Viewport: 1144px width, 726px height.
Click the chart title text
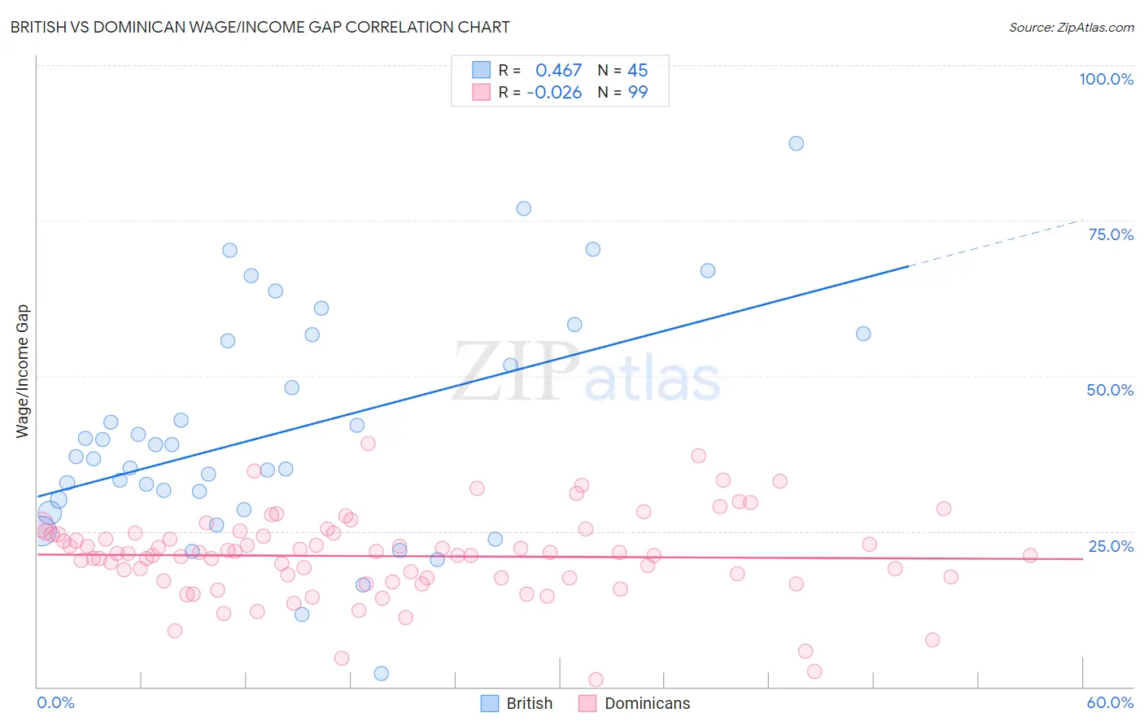point(260,28)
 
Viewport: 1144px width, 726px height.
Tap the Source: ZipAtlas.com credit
point(1071,28)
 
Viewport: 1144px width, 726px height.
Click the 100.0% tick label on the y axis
point(1106,79)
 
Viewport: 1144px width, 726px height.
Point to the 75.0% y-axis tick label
point(1111,234)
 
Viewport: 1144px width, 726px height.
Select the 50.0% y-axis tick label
point(1110,390)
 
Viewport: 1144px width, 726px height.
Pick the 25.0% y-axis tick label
point(1111,546)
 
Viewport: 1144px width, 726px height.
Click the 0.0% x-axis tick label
point(55,702)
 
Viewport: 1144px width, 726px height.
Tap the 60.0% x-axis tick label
point(1110,702)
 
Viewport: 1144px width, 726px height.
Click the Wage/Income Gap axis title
point(23,371)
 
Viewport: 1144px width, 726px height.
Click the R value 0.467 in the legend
point(558,71)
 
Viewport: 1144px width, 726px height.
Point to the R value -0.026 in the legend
point(554,93)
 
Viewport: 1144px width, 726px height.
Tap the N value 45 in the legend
point(637,71)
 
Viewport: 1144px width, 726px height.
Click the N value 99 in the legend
point(637,93)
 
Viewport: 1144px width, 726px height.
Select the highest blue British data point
point(796,143)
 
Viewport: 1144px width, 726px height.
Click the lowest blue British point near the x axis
point(381,673)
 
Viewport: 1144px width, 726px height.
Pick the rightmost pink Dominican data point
point(1030,556)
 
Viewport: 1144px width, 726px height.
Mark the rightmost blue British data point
point(863,334)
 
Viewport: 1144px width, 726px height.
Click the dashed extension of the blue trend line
point(997,243)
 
